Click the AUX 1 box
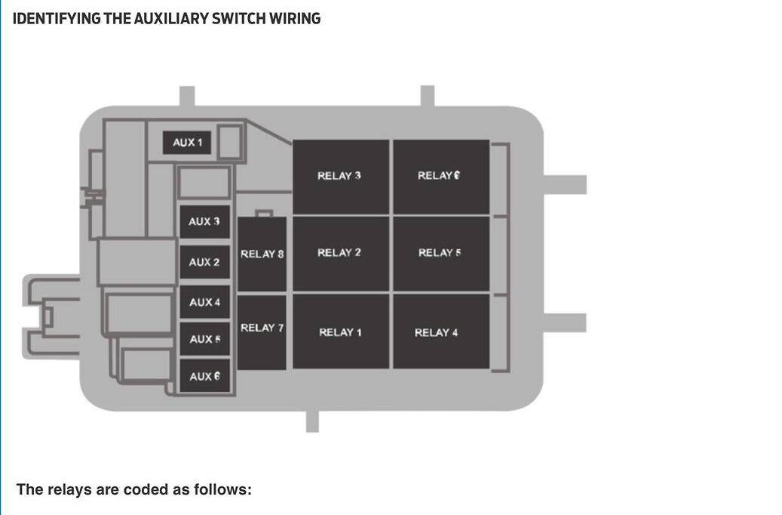(x=188, y=143)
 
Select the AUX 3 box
(x=204, y=222)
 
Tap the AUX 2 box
(x=204, y=263)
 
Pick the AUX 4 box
(x=204, y=302)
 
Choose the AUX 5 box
(x=204, y=339)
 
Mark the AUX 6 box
(x=204, y=376)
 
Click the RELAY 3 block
(x=341, y=177)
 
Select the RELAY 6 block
(x=441, y=177)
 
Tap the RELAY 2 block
(x=341, y=254)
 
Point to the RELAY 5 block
(x=441, y=254)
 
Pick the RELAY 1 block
(x=341, y=332)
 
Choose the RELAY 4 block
(x=441, y=332)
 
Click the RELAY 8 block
(x=262, y=254)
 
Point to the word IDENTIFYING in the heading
(x=57, y=18)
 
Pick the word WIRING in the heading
(x=299, y=18)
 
